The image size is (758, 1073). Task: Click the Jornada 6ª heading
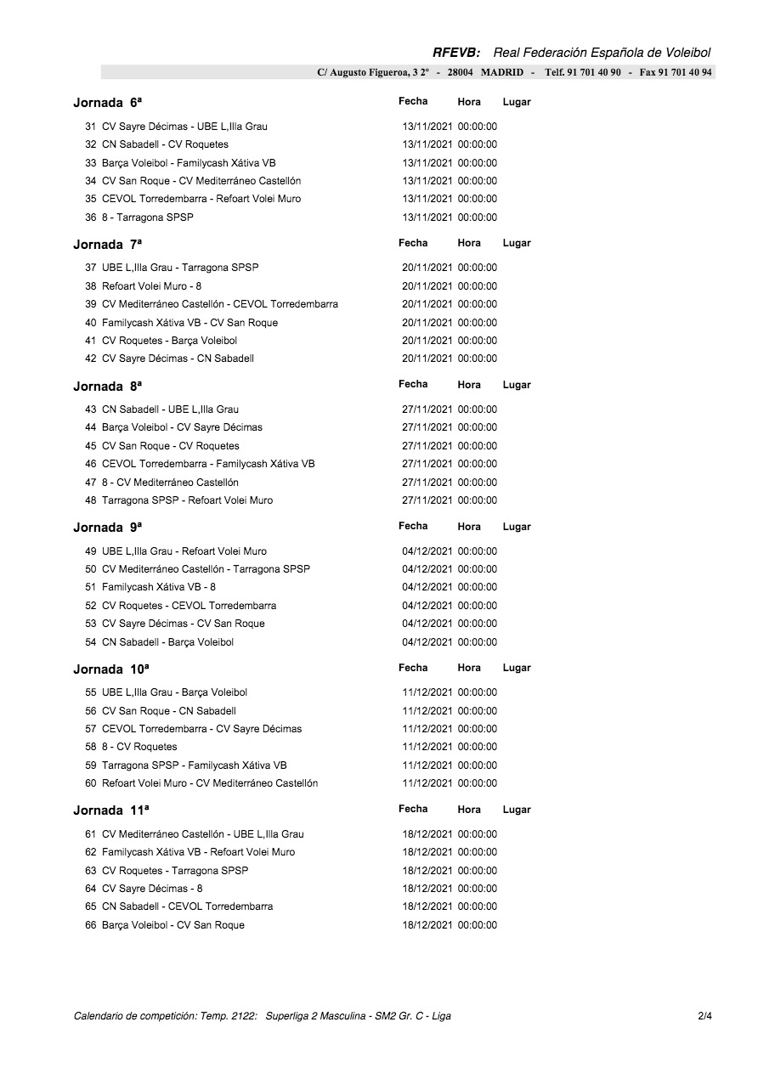coord(108,103)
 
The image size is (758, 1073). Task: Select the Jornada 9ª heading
coord(108,528)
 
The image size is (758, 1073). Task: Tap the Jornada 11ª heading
coord(111,810)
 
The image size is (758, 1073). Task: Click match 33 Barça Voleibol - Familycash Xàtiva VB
coord(189,163)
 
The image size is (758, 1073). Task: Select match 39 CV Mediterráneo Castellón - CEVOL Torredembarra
coord(219,304)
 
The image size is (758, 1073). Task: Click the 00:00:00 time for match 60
coord(478,783)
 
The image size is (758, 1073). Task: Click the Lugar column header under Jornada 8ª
coord(517,385)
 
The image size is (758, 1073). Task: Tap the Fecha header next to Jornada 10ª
coord(413,668)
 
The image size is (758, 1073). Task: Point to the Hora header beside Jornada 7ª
coord(469,243)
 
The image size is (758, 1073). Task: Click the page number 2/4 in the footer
coord(704,1016)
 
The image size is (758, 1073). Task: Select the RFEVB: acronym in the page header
coord(457,53)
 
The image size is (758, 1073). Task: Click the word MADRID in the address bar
coord(502,72)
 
